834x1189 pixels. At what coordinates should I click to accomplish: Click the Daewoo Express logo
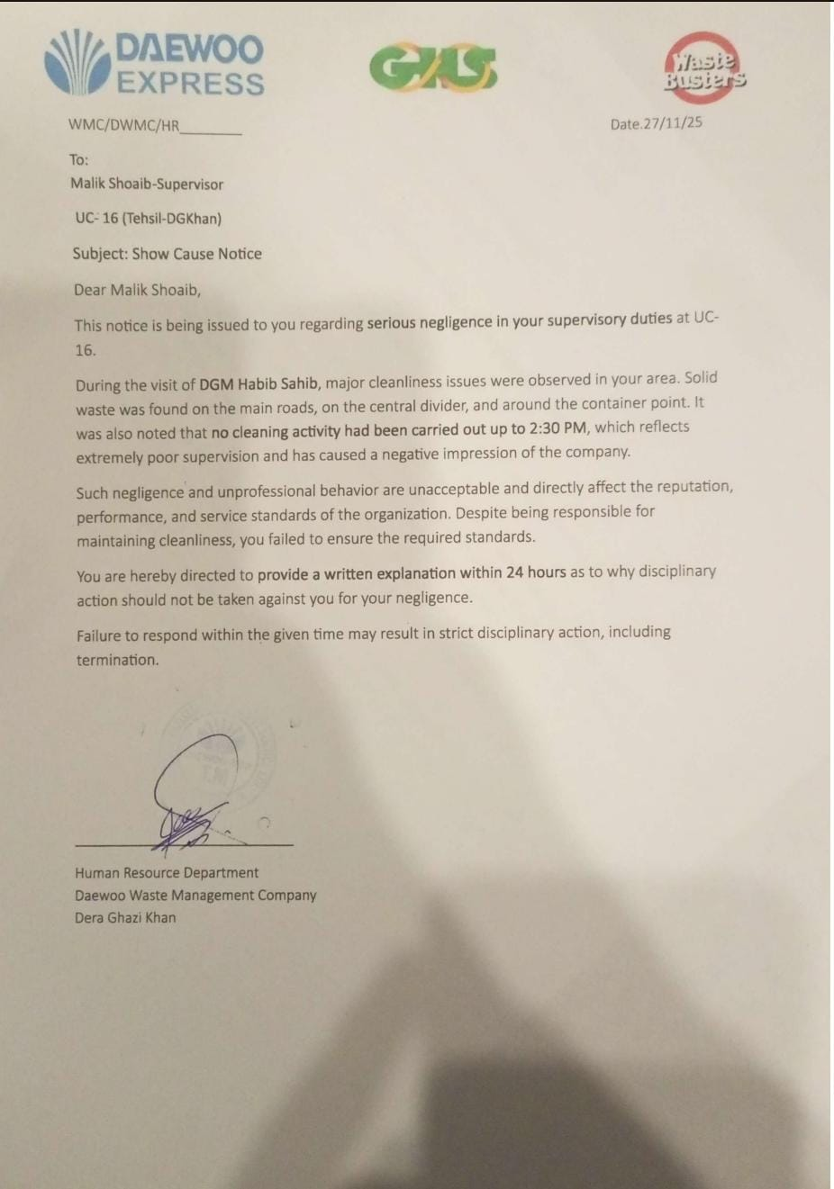[x=154, y=63]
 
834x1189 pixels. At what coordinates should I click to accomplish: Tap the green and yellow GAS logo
[x=433, y=68]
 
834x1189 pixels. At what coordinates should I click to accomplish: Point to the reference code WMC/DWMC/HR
[x=123, y=125]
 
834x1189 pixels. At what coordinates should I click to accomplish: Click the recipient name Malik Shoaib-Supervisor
[x=147, y=184]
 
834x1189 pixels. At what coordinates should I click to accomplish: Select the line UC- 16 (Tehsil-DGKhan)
[x=149, y=218]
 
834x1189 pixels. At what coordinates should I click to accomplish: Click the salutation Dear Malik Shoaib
[x=137, y=290]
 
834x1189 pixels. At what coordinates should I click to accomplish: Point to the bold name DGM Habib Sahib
[x=258, y=383]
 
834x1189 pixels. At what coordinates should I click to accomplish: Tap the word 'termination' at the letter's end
[x=117, y=660]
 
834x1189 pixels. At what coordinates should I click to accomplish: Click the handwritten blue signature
[x=194, y=792]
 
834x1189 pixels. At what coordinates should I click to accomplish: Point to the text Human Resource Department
[x=167, y=872]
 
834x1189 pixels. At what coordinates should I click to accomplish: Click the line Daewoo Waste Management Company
[x=195, y=895]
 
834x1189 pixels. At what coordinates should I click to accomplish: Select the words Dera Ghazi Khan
[x=125, y=917]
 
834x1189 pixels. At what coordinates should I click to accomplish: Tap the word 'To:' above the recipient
[x=79, y=159]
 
